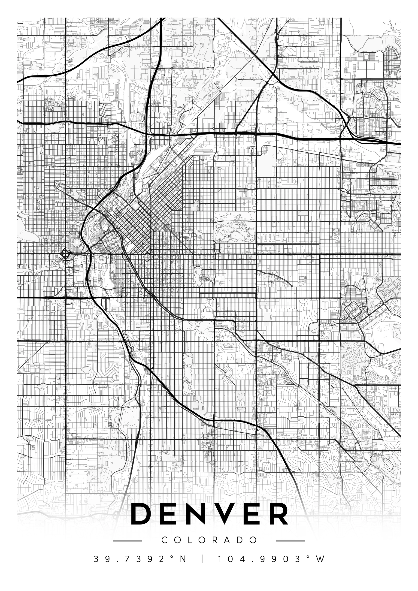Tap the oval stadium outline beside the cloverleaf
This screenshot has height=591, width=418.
[x=76, y=242]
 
